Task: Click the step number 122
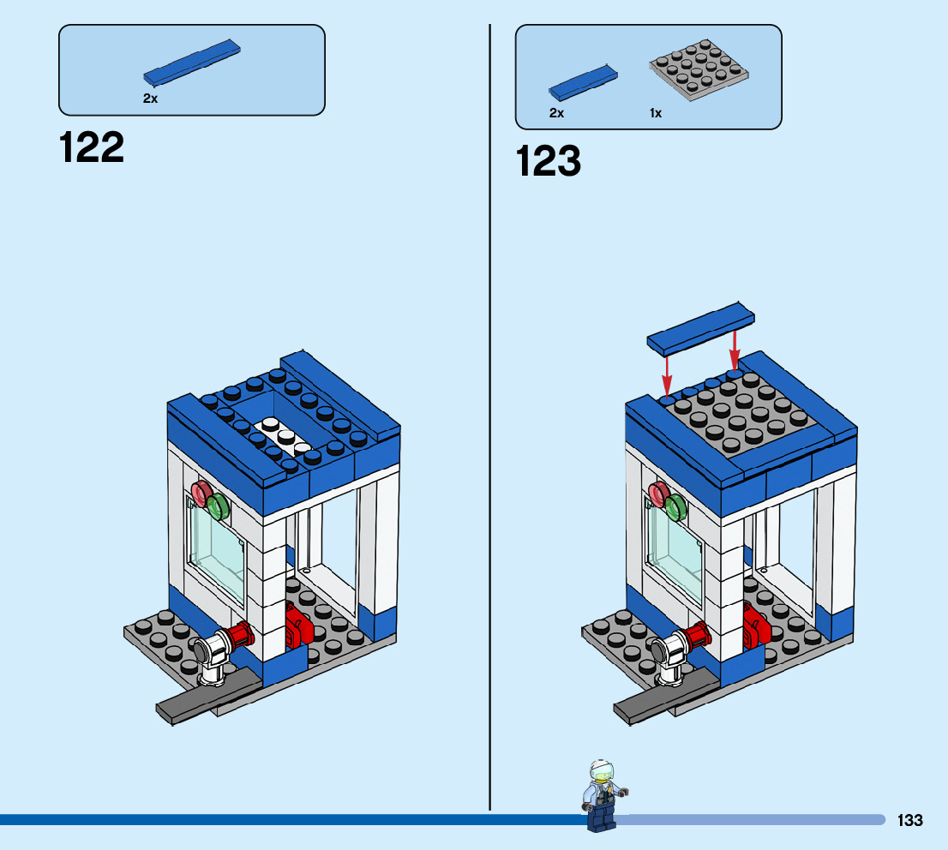pos(92,147)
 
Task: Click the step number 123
pos(549,161)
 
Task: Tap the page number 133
pos(910,820)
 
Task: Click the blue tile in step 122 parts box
pos(191,63)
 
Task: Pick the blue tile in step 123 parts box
pos(583,80)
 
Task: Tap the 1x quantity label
pos(656,113)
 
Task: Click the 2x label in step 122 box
pos(150,99)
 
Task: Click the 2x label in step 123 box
pos(556,113)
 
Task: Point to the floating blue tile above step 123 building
pos(701,328)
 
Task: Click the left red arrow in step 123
pos(666,373)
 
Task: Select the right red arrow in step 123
pos(735,351)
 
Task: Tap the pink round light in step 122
pos(201,493)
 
